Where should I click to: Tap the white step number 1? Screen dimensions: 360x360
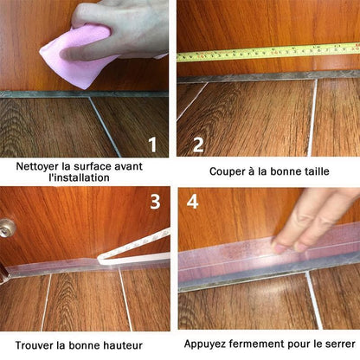(x=152, y=145)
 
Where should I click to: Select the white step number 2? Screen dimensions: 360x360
(x=198, y=145)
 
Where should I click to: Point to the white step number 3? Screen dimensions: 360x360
(x=155, y=202)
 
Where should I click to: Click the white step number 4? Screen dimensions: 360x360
(x=192, y=202)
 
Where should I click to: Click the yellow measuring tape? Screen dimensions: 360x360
(x=268, y=52)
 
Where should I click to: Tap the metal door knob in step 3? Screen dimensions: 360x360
(x=6, y=228)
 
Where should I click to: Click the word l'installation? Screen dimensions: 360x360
(x=79, y=177)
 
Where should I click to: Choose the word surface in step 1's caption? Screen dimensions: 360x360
(x=92, y=166)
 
